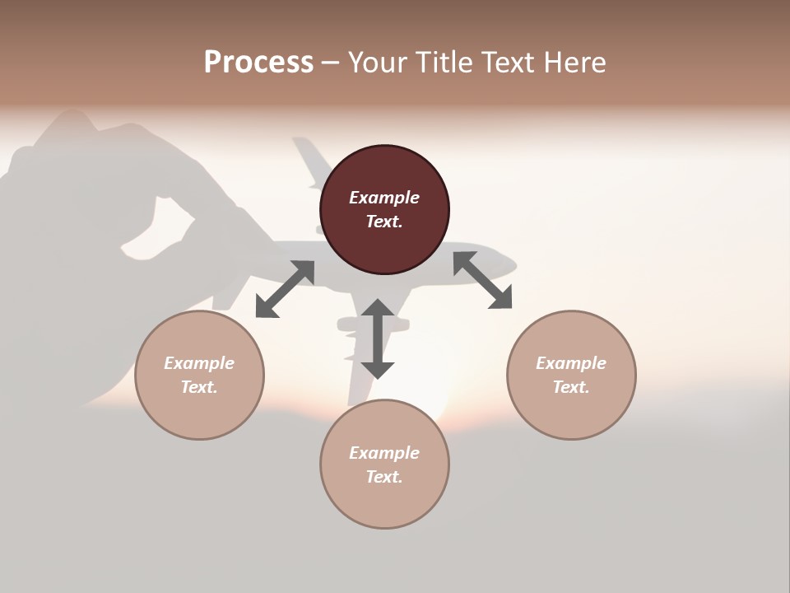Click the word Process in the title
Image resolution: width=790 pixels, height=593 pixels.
coord(258,63)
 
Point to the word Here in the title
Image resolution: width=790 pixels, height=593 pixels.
coord(574,63)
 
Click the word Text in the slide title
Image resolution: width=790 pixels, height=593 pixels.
coord(509,63)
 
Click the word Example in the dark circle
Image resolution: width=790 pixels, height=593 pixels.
coord(384,198)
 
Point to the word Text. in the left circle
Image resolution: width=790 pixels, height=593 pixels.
coord(199,387)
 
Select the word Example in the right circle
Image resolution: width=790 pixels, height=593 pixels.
coord(571,363)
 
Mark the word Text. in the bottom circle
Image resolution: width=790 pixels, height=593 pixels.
coord(384,477)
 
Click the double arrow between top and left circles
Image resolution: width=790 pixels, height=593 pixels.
coord(286,289)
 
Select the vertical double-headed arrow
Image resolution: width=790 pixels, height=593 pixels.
coord(378,339)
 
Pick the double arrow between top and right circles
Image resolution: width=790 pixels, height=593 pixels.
coord(482,280)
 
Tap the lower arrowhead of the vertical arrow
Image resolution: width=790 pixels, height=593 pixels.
coord(378,369)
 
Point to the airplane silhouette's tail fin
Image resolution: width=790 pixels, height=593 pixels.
coord(308,161)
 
